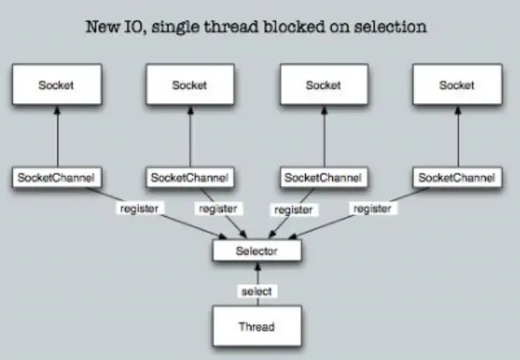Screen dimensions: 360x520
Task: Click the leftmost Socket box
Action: coord(56,85)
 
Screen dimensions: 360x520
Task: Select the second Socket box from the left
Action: coord(189,85)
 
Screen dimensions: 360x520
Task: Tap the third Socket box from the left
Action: coord(323,85)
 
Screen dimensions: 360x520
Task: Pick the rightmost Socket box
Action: coord(457,85)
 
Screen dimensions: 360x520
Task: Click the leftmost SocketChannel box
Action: coord(56,176)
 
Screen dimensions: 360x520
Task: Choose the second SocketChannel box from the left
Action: coord(189,176)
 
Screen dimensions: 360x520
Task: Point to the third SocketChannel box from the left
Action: coord(323,176)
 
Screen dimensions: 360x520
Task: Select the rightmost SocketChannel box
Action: coord(457,176)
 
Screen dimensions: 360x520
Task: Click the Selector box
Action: coord(256,251)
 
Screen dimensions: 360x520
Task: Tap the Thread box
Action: coord(256,326)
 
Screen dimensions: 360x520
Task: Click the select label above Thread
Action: coord(256,291)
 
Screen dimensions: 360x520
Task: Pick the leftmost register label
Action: coord(139,208)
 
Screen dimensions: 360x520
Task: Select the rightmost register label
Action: coord(372,208)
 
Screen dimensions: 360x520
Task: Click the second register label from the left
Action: coord(216,208)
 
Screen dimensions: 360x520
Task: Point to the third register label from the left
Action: coord(293,210)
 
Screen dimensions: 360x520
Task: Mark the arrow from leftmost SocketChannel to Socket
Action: coord(56,136)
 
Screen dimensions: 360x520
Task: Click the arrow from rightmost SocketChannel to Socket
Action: coord(457,136)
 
